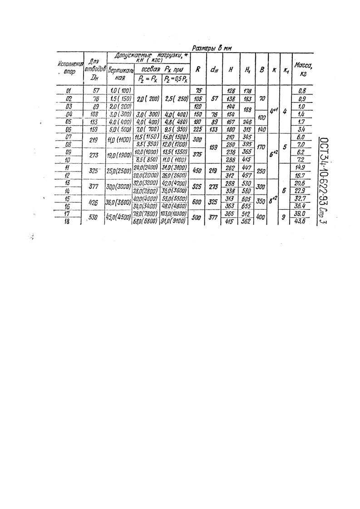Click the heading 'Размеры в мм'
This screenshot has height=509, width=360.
pos(212,46)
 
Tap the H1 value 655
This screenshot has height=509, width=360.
pos(247,206)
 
